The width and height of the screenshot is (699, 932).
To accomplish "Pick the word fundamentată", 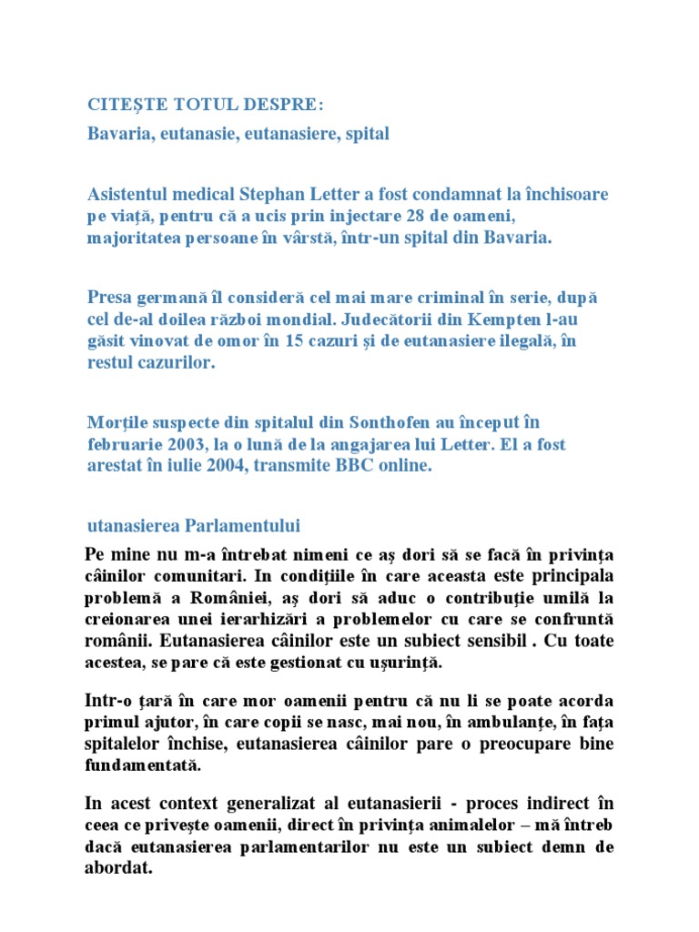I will (141, 765).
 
